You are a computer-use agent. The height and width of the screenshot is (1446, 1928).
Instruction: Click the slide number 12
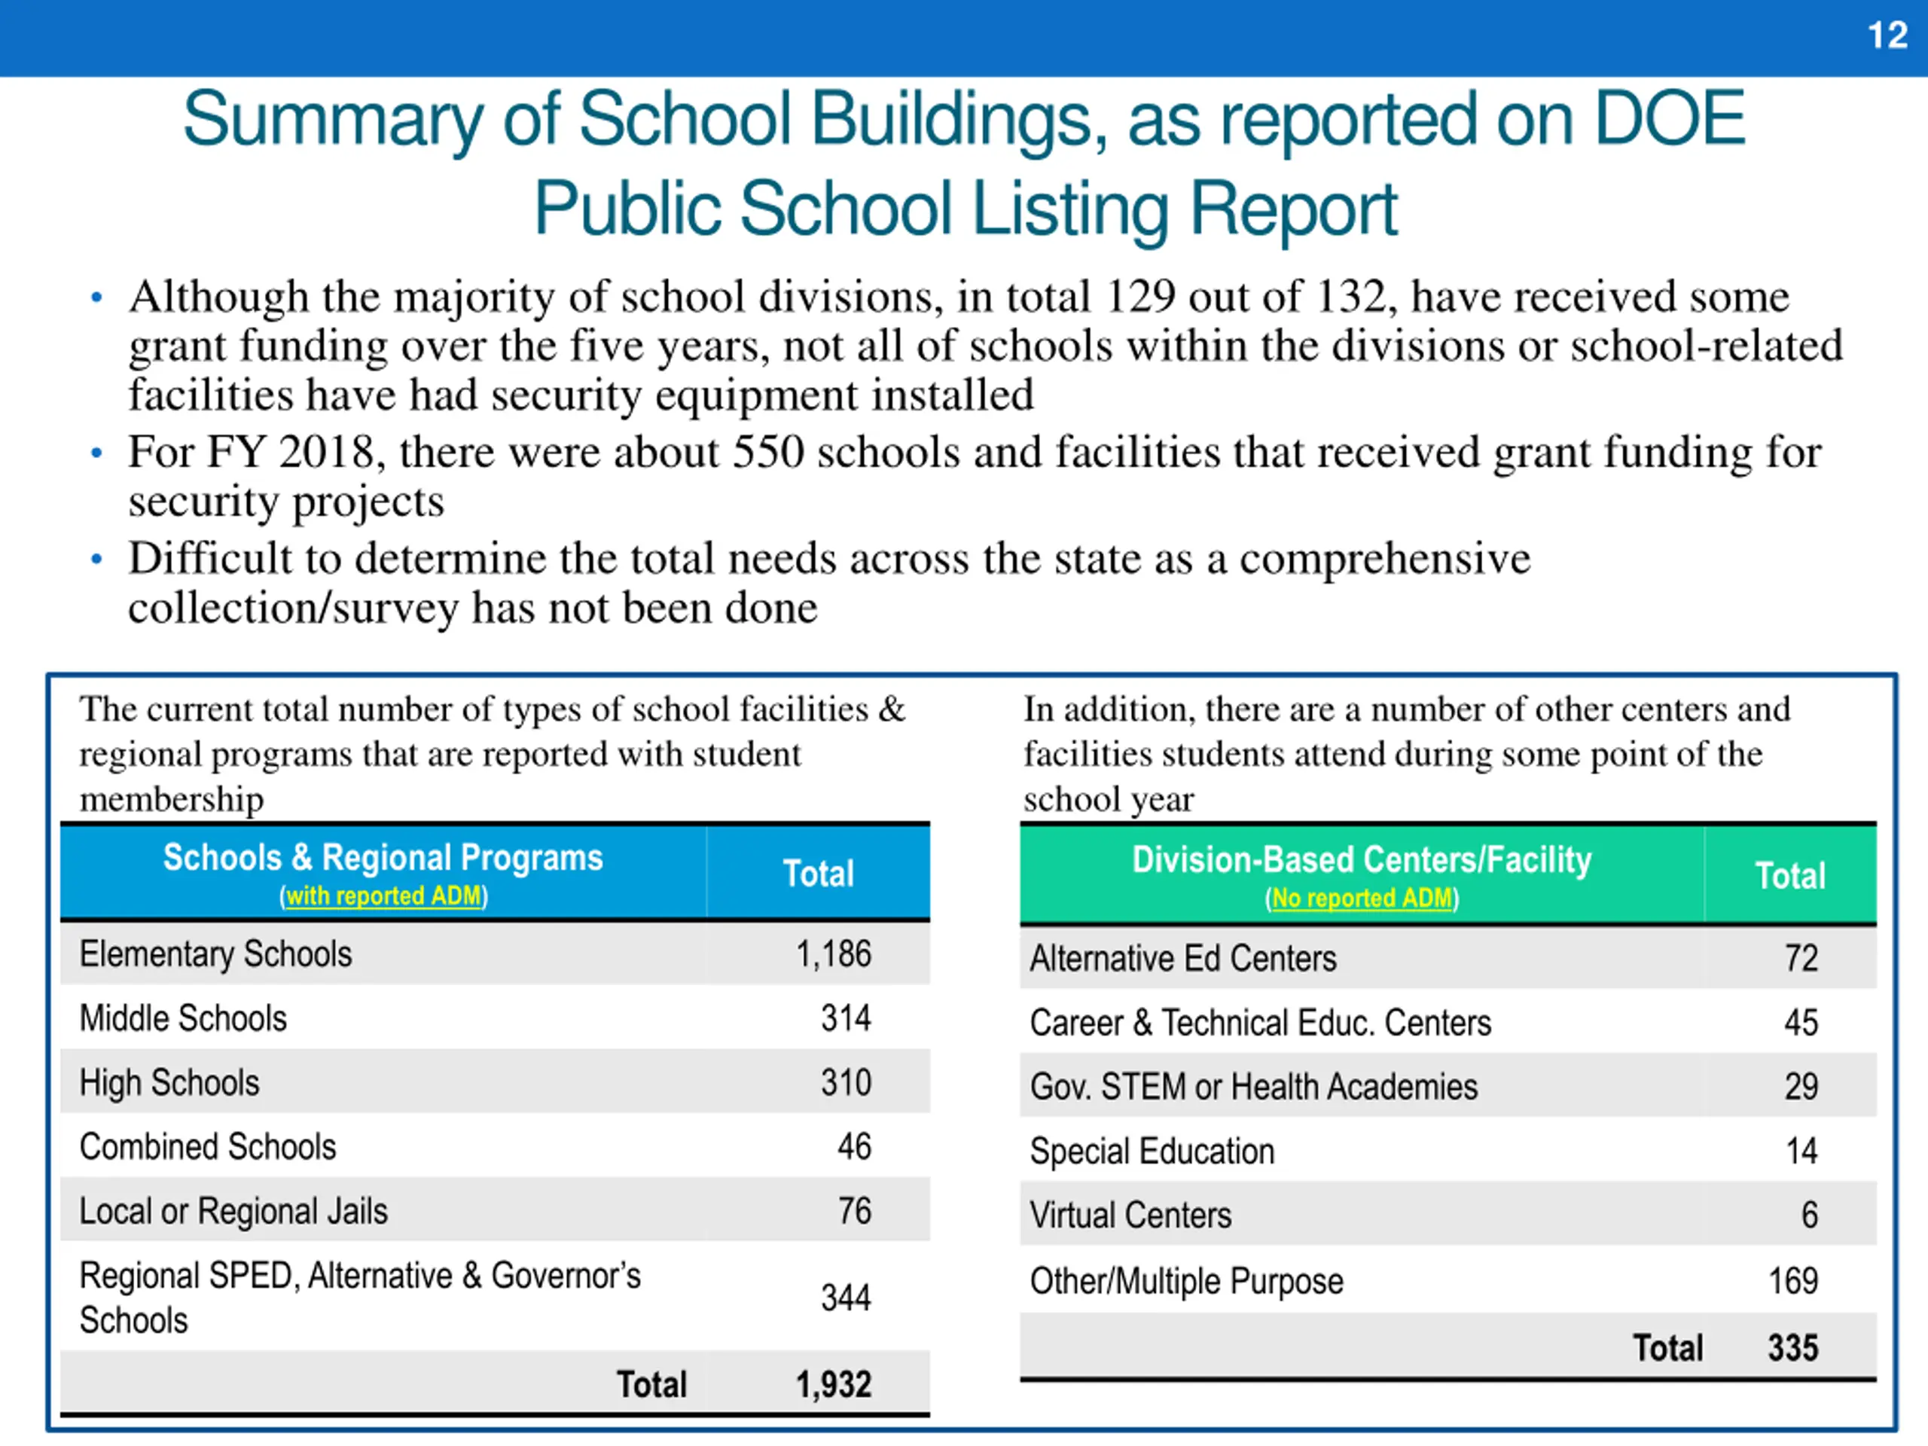[x=1887, y=35]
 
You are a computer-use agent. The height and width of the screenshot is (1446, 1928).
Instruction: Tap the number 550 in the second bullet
[x=768, y=453]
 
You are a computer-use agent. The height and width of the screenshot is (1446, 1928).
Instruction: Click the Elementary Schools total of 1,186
[x=832, y=954]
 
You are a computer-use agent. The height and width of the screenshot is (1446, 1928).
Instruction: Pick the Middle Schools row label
[x=183, y=1019]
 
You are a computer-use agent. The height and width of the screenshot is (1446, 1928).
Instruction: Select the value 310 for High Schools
[x=846, y=1082]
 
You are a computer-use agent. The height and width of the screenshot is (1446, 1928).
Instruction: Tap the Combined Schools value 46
[x=854, y=1147]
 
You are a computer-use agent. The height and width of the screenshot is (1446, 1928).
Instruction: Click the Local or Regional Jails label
[x=233, y=1212]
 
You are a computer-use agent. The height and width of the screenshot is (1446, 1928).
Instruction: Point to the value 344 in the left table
[x=846, y=1298]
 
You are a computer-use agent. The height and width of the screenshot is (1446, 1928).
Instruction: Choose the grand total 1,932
[x=832, y=1384]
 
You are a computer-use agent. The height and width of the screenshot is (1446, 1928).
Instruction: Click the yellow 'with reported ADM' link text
[x=383, y=896]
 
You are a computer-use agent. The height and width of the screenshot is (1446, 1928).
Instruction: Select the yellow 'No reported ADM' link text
[x=1362, y=898]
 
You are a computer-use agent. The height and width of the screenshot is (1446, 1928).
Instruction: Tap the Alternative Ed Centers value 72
[x=1801, y=959]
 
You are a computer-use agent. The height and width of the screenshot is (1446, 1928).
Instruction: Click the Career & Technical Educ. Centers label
[x=1259, y=1023]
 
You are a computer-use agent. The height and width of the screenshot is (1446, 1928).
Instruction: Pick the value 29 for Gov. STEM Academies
[x=1801, y=1087]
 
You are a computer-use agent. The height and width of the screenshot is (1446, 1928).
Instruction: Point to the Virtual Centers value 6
[x=1810, y=1215]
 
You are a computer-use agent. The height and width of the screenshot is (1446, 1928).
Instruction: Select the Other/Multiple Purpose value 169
[x=1793, y=1281]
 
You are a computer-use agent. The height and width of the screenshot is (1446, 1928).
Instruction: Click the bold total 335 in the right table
[x=1793, y=1348]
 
